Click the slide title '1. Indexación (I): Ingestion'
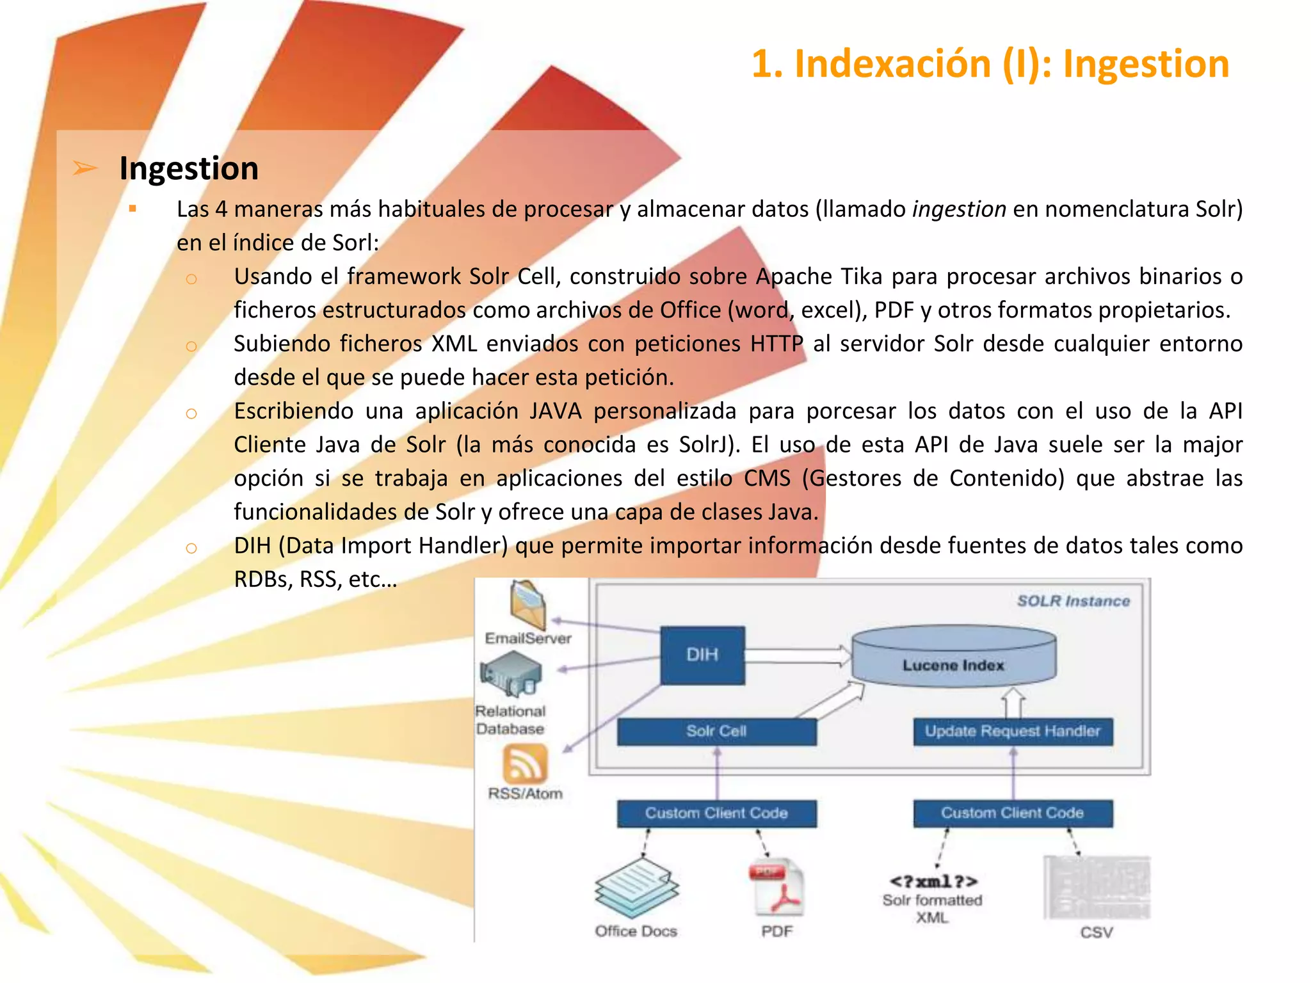(x=990, y=64)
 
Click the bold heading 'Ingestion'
(x=189, y=168)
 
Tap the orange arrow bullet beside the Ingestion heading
(x=85, y=168)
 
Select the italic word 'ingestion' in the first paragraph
(x=959, y=209)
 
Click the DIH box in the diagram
(x=702, y=655)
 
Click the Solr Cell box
(x=716, y=731)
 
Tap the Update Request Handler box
(x=1013, y=731)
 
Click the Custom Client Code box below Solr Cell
(x=716, y=813)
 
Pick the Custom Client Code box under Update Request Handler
(x=1013, y=813)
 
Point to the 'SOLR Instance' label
(x=1074, y=601)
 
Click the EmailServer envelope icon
(x=527, y=604)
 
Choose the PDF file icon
(x=776, y=888)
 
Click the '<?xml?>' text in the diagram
(x=933, y=881)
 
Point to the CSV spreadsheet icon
(x=1097, y=888)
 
